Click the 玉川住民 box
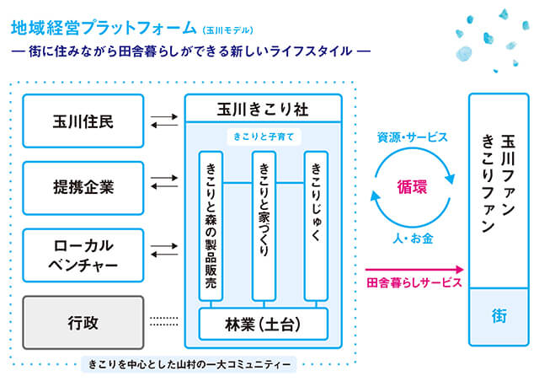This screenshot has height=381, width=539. coord(83,121)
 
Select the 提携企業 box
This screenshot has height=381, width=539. coord(83,188)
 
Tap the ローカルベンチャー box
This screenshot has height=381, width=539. coord(83,255)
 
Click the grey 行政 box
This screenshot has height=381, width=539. coord(83,323)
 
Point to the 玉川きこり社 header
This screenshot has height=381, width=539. coord(264,109)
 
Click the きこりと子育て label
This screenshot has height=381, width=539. coord(264,137)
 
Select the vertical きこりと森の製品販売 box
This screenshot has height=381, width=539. coord(211,226)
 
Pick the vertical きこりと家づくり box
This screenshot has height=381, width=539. coord(264,226)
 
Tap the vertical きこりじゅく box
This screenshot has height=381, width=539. coord(317,226)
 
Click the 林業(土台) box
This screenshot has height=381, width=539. coord(264,325)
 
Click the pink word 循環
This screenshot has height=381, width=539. coord(412,187)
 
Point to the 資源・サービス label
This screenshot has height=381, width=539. coord(413,137)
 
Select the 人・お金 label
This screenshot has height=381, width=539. coord(413,239)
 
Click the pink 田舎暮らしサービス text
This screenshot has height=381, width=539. coord(414,282)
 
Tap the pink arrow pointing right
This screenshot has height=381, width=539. coord(414,269)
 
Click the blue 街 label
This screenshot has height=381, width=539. coord(499,316)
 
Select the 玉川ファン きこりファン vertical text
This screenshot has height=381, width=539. coord(499,183)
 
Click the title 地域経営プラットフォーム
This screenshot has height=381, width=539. coord(104,28)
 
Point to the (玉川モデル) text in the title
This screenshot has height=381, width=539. coord(228,30)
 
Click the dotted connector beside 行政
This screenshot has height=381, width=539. coord(164,321)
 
